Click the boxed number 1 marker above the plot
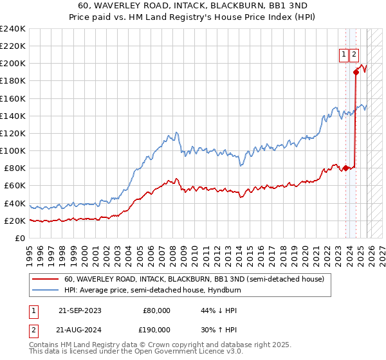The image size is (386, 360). click(344, 55)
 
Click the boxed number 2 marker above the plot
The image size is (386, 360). click(354, 55)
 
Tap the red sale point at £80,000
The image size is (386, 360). click(345, 168)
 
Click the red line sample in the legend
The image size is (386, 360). click(45, 279)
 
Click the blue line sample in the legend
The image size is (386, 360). click(45, 290)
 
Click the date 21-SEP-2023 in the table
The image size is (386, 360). click(80, 310)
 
